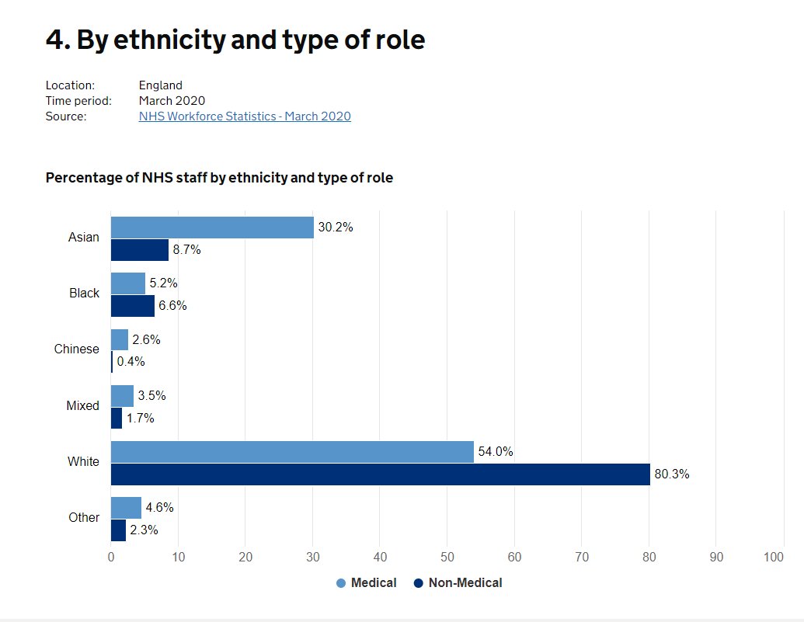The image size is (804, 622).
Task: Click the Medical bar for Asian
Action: [211, 228]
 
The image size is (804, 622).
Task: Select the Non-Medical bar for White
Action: [380, 474]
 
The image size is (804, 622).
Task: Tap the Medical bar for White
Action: [292, 452]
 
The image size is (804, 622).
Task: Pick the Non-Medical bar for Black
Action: [132, 306]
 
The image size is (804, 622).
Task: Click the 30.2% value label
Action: [336, 228]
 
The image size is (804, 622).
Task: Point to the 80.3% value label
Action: [672, 474]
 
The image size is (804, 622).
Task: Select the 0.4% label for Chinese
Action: [131, 362]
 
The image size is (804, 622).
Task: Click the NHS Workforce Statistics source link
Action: [245, 116]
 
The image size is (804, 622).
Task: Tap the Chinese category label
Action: [76, 349]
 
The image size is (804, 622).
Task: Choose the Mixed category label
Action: [82, 405]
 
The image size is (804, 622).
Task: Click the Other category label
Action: [84, 517]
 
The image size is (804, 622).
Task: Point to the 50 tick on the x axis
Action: [447, 557]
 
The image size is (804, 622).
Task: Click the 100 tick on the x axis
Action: [774, 557]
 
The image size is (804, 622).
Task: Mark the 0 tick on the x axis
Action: [111, 557]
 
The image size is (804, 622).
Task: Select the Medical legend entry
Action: [367, 583]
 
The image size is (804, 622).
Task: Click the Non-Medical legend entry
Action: [458, 583]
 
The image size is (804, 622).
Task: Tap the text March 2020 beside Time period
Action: [172, 101]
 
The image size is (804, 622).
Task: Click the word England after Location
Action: [161, 85]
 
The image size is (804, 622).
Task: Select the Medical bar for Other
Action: [126, 508]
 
